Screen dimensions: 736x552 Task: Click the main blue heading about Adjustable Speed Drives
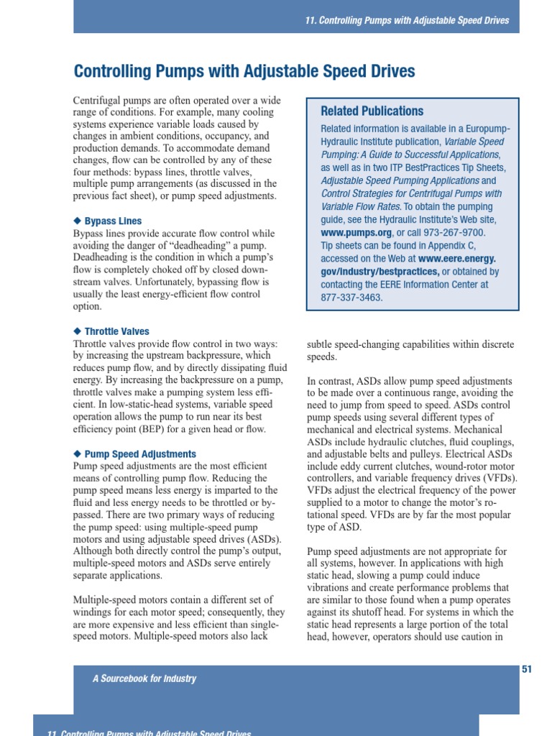244,72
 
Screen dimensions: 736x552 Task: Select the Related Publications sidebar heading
372,111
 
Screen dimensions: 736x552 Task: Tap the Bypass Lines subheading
113,221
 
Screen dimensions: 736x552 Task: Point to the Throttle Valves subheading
116,332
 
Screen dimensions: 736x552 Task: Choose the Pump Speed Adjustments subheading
140,454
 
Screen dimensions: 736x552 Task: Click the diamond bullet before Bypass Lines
78,221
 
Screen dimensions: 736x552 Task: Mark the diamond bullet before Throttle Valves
78,332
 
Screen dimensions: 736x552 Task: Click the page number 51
526,669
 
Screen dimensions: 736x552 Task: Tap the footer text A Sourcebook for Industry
144,678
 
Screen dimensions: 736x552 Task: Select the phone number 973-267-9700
455,233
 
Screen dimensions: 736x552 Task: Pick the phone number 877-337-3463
351,298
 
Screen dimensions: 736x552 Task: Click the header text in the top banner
407,20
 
